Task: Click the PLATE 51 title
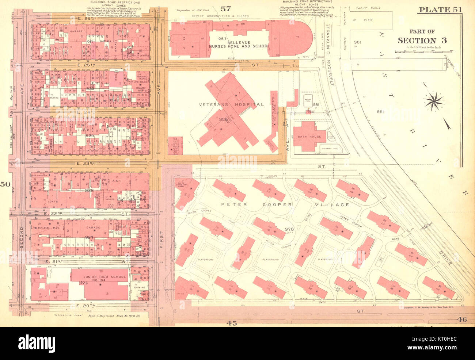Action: click(440, 10)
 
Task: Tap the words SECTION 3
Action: click(422, 41)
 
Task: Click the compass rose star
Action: click(434, 100)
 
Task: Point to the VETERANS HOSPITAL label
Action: click(231, 104)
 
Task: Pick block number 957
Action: click(223, 39)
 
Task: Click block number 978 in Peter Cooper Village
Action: click(289, 229)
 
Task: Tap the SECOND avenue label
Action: click(22, 237)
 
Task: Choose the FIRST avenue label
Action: click(161, 239)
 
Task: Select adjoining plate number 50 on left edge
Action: click(5, 184)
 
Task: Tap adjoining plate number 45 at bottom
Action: click(231, 323)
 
